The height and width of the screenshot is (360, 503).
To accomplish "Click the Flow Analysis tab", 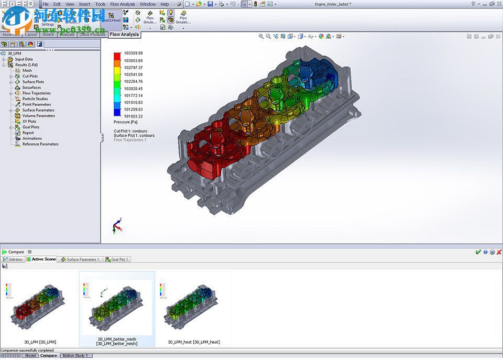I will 124,35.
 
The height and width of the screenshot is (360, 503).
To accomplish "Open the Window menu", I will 147,4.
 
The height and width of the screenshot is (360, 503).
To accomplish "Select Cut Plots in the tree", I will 30,76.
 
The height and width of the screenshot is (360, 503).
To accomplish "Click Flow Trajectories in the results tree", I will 36,93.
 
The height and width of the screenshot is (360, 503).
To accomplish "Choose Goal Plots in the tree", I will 30,127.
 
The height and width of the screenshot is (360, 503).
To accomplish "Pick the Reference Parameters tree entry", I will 40,144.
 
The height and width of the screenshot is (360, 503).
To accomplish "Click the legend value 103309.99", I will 133,53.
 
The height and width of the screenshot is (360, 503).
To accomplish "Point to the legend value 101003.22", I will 133,116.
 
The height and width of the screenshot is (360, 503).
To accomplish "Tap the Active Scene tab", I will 43,259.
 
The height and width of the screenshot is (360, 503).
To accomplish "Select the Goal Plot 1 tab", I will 118,259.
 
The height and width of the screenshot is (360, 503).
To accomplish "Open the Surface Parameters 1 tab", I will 82,259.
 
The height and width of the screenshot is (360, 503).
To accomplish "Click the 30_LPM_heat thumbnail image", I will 193,307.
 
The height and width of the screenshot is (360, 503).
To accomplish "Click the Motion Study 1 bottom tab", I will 75,356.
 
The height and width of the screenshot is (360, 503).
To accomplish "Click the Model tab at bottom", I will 31,356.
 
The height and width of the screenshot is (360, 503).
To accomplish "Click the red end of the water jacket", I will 202,155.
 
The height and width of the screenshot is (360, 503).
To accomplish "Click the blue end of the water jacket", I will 317,73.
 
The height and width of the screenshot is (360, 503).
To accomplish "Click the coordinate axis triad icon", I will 117,226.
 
